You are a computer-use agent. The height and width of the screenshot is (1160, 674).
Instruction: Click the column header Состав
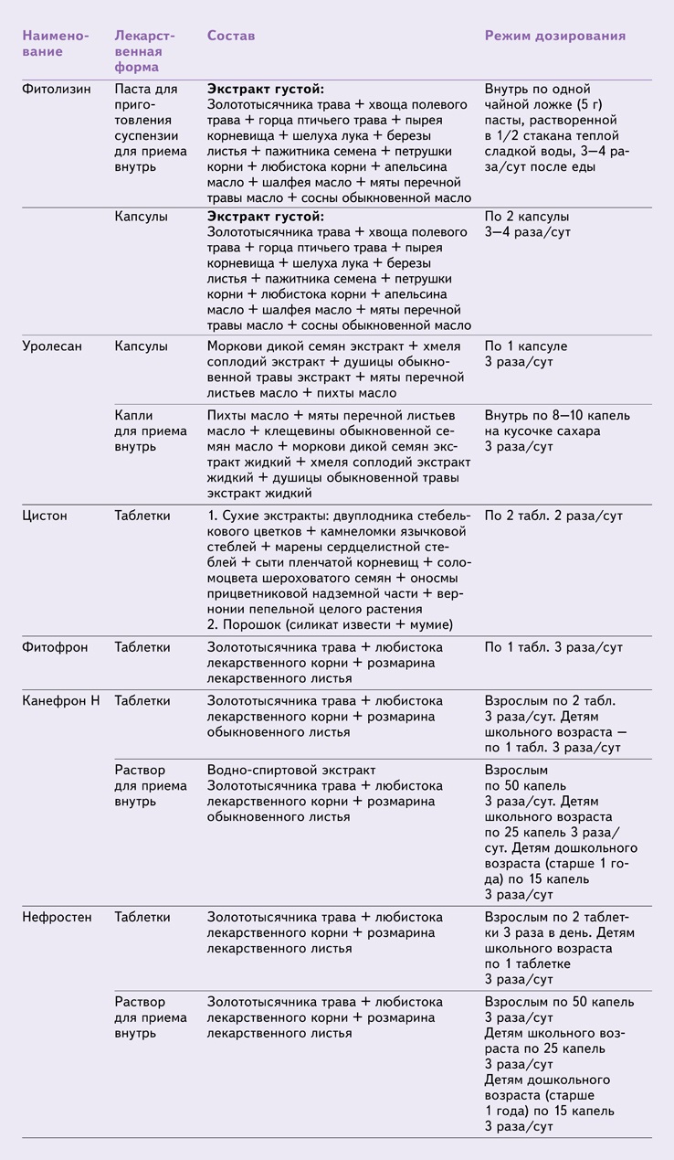[x=231, y=36]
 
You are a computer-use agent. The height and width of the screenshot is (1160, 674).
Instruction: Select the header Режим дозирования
[x=554, y=36]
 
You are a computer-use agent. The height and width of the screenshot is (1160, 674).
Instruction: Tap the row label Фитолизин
[x=56, y=90]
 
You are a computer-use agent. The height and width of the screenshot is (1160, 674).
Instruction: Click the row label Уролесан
[x=53, y=347]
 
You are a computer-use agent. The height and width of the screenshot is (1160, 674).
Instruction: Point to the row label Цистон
[x=46, y=516]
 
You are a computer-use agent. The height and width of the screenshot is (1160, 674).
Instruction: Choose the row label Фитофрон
[x=55, y=647]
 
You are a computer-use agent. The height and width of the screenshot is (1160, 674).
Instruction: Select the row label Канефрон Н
[x=61, y=701]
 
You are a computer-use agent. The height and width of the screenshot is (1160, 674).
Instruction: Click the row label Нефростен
[x=57, y=917]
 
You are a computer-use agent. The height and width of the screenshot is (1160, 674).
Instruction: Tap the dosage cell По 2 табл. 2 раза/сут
[x=553, y=516]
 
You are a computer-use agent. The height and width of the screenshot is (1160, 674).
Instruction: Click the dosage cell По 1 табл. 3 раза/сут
[x=553, y=647]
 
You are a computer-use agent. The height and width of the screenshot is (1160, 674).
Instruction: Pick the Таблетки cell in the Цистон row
[x=142, y=516]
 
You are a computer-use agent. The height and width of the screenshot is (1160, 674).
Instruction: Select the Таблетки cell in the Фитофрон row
[x=142, y=647]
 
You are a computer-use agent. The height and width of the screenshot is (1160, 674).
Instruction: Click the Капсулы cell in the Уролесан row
[x=141, y=347]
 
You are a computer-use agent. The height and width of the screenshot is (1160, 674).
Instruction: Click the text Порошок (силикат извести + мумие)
[x=331, y=624]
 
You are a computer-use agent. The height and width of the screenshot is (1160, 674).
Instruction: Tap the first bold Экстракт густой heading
[x=265, y=90]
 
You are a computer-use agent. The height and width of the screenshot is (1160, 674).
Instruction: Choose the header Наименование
[x=56, y=43]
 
